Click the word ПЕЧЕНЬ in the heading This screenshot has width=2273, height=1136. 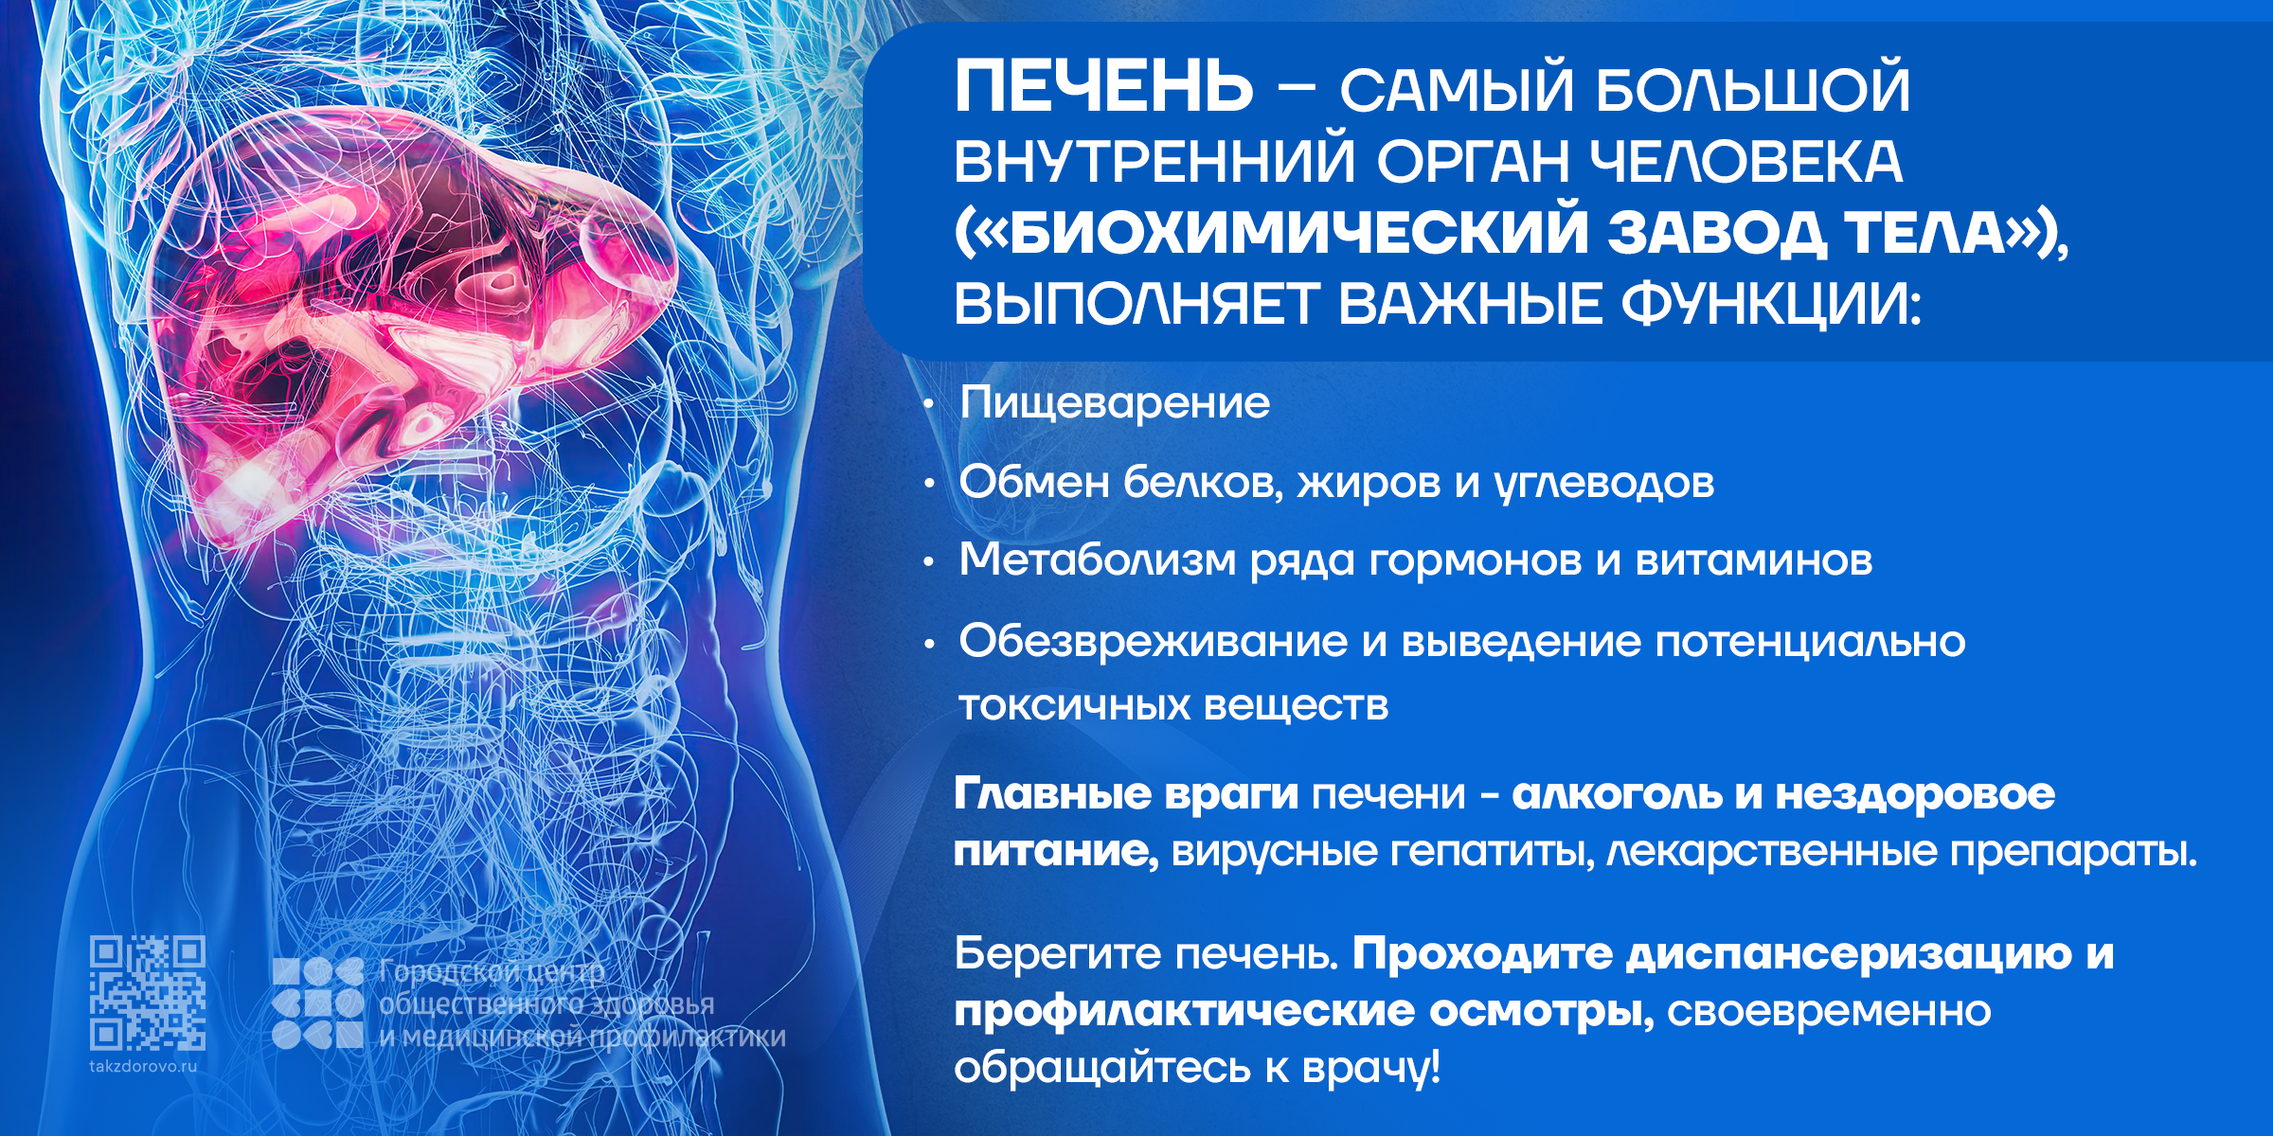pos(1103,86)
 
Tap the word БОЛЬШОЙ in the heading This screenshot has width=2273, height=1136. pos(1752,89)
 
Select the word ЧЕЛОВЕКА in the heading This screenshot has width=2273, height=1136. pos(1745,162)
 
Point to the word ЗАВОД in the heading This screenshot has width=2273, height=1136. pos(1716,233)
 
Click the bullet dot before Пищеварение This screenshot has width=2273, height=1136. pos(930,406)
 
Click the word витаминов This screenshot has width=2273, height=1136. pos(1754,560)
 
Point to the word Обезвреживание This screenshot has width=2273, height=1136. pos(1154,643)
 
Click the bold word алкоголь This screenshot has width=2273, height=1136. pos(1617,793)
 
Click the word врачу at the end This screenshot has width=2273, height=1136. pos(1370,1068)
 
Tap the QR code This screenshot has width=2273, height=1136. pos(148,993)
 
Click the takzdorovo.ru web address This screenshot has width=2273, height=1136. pos(143,1067)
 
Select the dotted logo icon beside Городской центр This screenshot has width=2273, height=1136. pos(318,1003)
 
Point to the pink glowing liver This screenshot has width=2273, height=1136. pos(407,322)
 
